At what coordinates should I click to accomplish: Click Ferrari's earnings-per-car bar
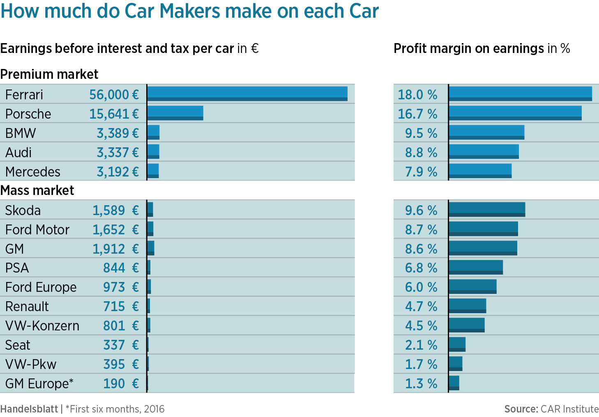click(247, 94)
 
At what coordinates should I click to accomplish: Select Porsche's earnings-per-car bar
click(175, 113)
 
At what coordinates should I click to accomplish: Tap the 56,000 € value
click(114, 95)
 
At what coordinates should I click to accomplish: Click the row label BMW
click(21, 133)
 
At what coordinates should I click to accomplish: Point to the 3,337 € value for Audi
click(117, 153)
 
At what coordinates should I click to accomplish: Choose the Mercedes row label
click(33, 172)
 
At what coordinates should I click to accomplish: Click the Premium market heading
click(49, 74)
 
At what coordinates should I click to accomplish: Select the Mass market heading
click(37, 190)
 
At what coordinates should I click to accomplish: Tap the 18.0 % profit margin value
click(417, 95)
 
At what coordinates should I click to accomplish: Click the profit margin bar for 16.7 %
click(515, 113)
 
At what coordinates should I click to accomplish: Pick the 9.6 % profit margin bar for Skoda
click(487, 209)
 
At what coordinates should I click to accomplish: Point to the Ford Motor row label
click(37, 230)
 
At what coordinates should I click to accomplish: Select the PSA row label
click(17, 268)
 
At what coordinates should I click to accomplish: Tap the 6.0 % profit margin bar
click(472, 286)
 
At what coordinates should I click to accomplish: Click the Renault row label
click(27, 307)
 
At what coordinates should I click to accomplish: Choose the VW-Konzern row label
click(42, 326)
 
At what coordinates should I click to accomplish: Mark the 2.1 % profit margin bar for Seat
click(457, 344)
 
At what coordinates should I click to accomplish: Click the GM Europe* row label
click(39, 384)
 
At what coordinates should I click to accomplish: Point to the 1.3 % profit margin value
click(421, 384)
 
